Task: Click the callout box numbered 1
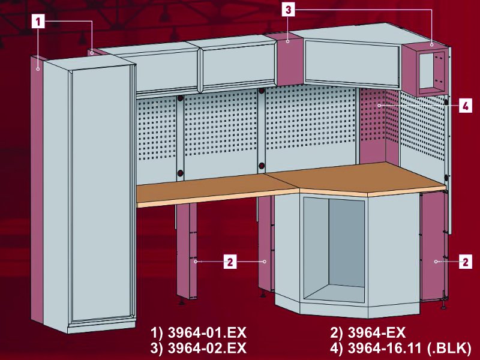tap(38, 22)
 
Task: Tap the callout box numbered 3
tap(288, 10)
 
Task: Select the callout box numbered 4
tap(466, 106)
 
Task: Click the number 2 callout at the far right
tap(466, 262)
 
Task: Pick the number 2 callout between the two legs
tap(230, 262)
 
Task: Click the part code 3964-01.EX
tap(207, 333)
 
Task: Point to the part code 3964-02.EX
tap(207, 348)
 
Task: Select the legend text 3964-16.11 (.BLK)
tap(410, 348)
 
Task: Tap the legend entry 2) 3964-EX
tap(368, 333)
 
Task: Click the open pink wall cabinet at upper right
tap(425, 70)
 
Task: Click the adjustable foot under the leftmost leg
tap(182, 302)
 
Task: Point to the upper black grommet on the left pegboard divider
tap(180, 98)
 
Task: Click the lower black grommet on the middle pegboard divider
tap(262, 166)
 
